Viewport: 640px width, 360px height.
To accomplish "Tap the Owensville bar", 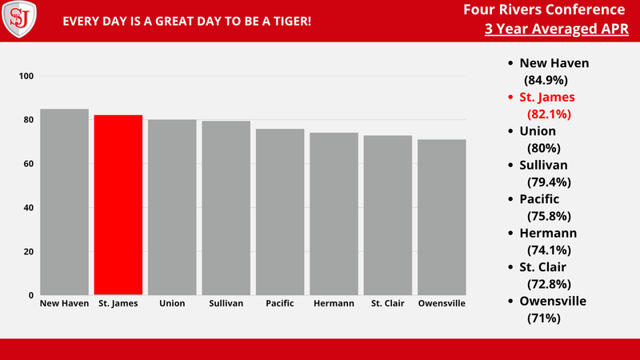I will coord(442,217).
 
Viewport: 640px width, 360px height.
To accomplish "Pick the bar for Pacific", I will coord(280,212).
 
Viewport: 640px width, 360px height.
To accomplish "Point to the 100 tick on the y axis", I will coord(26,76).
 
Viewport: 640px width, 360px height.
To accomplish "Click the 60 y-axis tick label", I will coord(29,164).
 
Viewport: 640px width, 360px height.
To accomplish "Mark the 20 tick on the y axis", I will coord(29,252).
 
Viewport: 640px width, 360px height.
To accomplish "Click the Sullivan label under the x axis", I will coord(226,304).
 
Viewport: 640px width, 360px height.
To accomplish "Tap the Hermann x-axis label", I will coord(334,304).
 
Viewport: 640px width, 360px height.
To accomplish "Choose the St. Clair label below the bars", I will coord(387,304).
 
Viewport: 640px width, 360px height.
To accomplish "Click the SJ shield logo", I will coord(19,19).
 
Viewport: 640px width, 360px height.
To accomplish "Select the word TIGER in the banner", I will coord(290,19).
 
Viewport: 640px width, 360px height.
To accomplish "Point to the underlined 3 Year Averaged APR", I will coord(555,30).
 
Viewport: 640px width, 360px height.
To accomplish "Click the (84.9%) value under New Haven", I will coord(546,80).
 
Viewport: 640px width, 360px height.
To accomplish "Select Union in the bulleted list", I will coord(538,131).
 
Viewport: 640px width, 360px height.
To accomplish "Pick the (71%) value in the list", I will coord(543,318).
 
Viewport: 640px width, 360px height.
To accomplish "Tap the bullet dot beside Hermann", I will coord(509,234).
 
